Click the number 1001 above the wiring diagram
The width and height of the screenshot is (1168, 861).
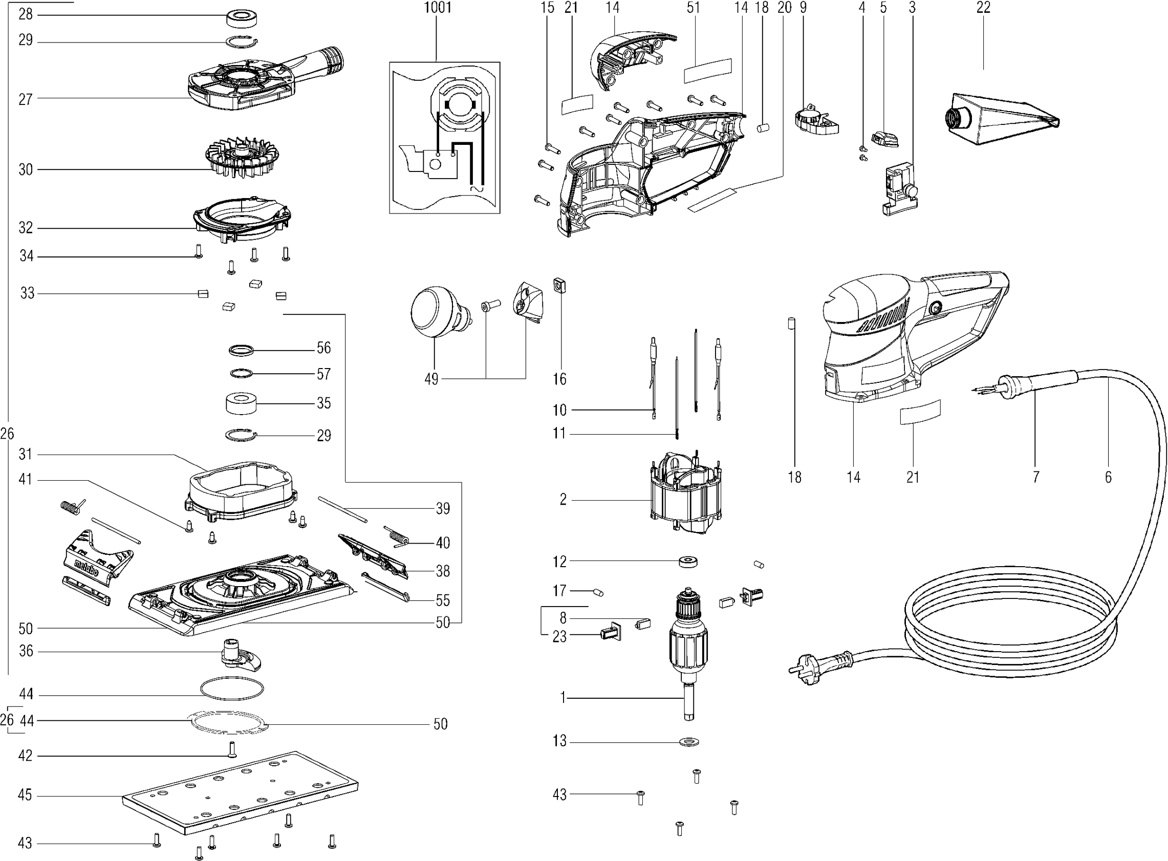(x=437, y=7)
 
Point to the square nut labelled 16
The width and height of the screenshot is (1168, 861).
(x=560, y=285)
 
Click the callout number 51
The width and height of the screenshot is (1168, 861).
(x=693, y=7)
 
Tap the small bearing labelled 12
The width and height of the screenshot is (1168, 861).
(x=688, y=563)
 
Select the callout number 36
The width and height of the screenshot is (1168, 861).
(x=26, y=651)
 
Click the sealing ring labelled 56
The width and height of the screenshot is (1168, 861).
(x=241, y=350)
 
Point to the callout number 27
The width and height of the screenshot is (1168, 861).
(x=26, y=99)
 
